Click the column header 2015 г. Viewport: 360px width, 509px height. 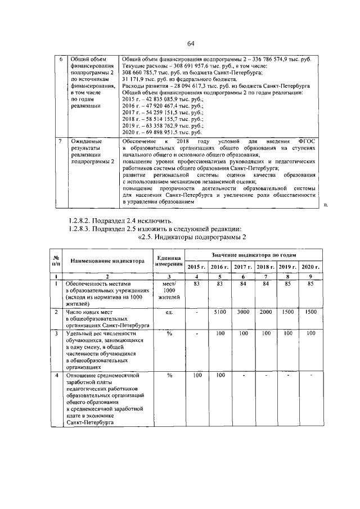tap(196, 266)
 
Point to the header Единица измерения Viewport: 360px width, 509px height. tap(168, 261)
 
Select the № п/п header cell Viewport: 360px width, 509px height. tap(56, 261)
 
